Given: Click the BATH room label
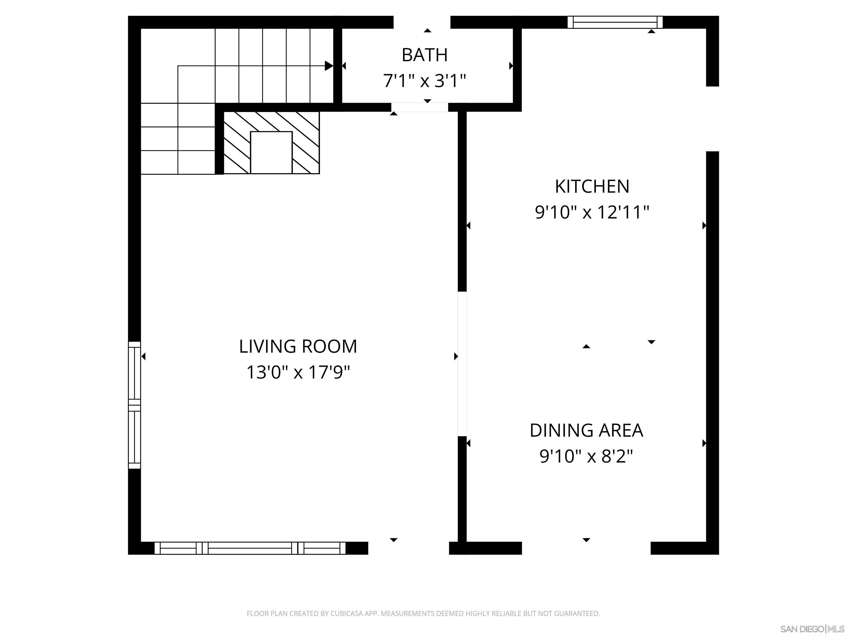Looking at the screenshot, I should pyautogui.click(x=424, y=55).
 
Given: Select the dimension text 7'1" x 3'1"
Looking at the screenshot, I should pyautogui.click(x=424, y=81).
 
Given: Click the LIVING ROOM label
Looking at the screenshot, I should pyautogui.click(x=298, y=347).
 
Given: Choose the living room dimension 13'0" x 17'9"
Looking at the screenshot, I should pyautogui.click(x=298, y=372).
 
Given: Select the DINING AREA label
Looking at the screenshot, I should pyautogui.click(x=586, y=430).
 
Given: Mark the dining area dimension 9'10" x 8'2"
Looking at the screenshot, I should pyautogui.click(x=586, y=456).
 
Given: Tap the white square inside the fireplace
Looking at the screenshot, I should pyautogui.click(x=271, y=152).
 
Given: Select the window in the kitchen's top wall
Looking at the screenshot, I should pyautogui.click(x=615, y=22).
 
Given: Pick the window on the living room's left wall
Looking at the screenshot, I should pyautogui.click(x=134, y=405).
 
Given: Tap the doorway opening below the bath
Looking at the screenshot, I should pyautogui.click(x=420, y=107).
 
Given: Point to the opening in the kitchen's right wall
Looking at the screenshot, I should pyautogui.click(x=712, y=119).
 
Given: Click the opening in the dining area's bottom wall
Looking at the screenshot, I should pyautogui.click(x=586, y=548).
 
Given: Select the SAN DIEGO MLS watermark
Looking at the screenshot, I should pyautogui.click(x=812, y=629).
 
